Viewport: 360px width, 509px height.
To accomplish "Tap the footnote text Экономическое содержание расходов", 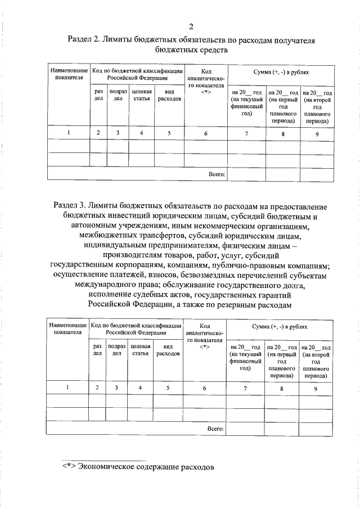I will (x=146, y=467).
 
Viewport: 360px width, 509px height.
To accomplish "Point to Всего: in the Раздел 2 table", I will (x=217, y=174).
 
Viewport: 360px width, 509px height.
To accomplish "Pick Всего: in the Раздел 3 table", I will (x=215, y=428).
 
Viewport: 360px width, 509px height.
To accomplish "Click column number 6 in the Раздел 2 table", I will (x=206, y=133).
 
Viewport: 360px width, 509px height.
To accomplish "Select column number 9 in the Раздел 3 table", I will (x=316, y=388).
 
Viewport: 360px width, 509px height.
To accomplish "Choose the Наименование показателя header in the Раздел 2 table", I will (x=69, y=75).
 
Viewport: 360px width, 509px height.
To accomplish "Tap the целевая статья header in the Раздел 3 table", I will (x=140, y=350).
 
